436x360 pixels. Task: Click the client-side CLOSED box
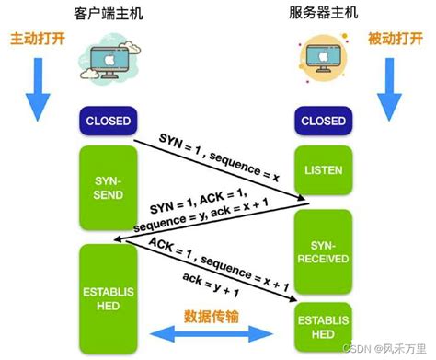coord(109,120)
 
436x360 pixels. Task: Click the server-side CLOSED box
coord(324,120)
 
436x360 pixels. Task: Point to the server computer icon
coord(323,56)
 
